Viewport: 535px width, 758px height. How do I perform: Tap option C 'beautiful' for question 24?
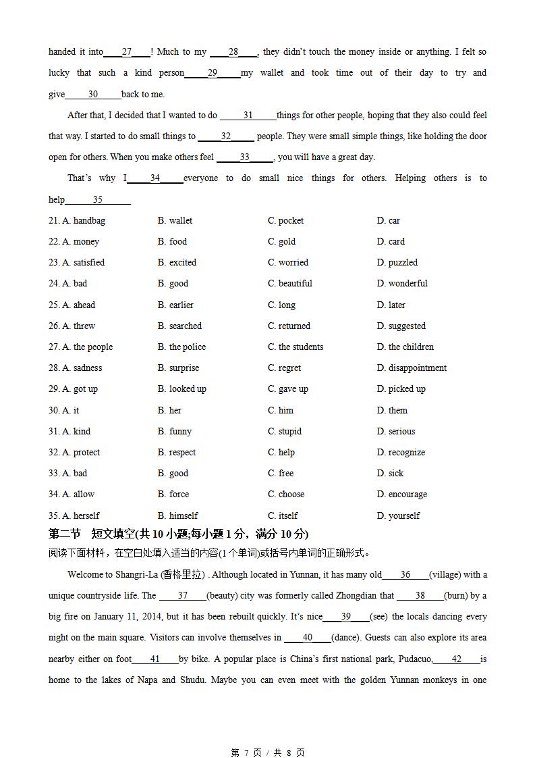click(x=289, y=283)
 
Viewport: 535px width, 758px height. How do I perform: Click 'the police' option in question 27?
click(x=181, y=347)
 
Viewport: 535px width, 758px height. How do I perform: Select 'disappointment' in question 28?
click(x=412, y=368)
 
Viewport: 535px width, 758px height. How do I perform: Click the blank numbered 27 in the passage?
click(x=127, y=52)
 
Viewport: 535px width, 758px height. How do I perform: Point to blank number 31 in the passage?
click(x=248, y=116)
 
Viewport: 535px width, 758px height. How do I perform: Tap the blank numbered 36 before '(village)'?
click(x=405, y=575)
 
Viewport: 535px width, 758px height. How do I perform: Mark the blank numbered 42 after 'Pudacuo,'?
click(x=457, y=659)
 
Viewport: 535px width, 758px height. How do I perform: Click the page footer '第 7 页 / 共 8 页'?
click(x=268, y=753)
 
